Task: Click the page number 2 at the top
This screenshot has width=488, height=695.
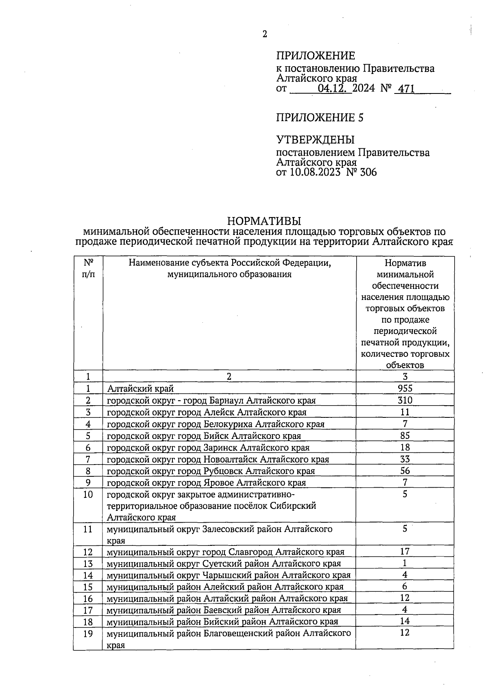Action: click(x=265, y=34)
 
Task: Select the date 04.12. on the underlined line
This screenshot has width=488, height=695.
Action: click(x=335, y=89)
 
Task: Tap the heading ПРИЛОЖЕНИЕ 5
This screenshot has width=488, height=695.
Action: click(x=320, y=118)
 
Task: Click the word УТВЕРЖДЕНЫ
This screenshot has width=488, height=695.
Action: click(x=315, y=140)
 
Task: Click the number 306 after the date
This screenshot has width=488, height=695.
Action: click(x=368, y=172)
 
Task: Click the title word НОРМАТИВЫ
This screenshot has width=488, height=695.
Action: click(x=264, y=221)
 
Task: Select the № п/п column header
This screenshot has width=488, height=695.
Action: click(x=88, y=269)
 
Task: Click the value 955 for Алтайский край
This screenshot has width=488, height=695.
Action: click(x=405, y=388)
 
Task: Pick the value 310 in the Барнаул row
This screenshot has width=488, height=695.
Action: click(x=405, y=400)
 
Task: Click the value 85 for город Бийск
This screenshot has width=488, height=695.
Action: click(x=405, y=435)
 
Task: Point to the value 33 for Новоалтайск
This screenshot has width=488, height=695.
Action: click(x=405, y=459)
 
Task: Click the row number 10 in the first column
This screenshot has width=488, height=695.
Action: click(x=88, y=495)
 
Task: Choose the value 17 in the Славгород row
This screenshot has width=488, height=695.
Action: click(x=405, y=552)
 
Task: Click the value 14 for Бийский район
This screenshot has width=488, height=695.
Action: click(x=405, y=621)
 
